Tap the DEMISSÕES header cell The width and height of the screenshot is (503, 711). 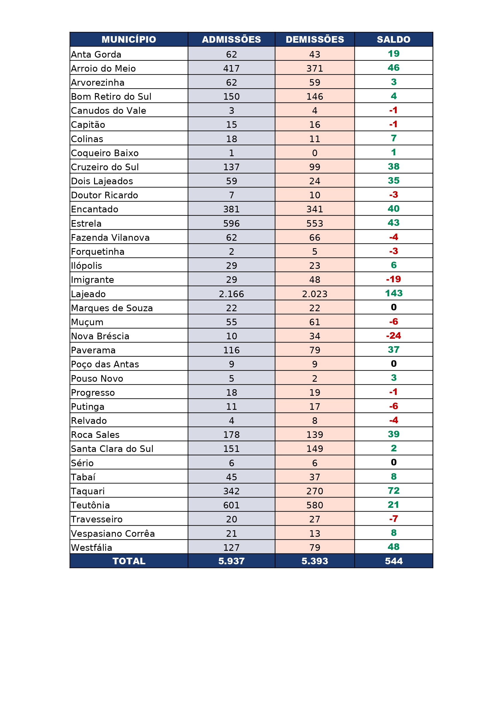click(x=315, y=39)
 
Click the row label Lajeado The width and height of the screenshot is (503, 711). click(x=88, y=294)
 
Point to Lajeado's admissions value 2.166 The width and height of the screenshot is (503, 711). click(x=231, y=294)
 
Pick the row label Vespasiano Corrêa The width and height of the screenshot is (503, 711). click(x=113, y=534)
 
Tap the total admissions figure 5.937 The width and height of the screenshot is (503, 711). click(x=231, y=561)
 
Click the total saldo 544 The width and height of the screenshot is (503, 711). click(x=394, y=561)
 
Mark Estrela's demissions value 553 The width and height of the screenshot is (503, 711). click(x=315, y=223)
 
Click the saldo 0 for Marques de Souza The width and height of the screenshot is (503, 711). click(x=394, y=307)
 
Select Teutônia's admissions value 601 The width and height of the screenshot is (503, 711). click(x=231, y=505)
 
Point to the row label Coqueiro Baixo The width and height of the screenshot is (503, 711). click(x=105, y=153)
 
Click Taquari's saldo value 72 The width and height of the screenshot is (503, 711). click(x=394, y=491)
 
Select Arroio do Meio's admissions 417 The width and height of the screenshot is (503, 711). click(x=231, y=68)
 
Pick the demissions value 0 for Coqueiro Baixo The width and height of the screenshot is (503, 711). click(x=315, y=153)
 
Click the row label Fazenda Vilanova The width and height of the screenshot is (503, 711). click(x=110, y=238)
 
